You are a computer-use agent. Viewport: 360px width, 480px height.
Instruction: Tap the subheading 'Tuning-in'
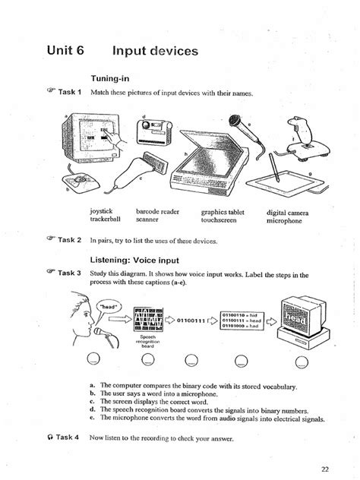pyautogui.click(x=113, y=77)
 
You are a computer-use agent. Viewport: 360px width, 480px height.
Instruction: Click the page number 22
pyautogui.click(x=325, y=468)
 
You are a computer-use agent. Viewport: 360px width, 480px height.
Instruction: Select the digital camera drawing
pyautogui.click(x=153, y=137)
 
